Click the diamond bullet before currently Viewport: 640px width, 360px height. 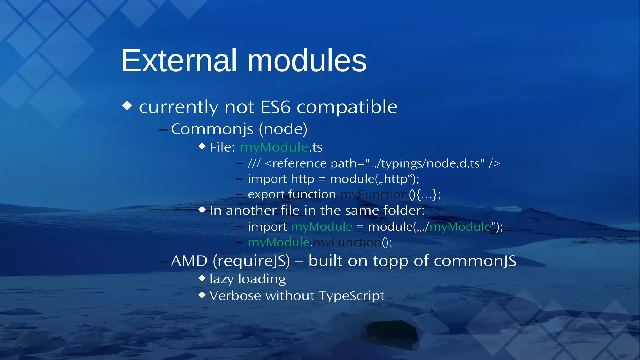pos(127,105)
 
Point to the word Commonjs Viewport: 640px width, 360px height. pos(212,129)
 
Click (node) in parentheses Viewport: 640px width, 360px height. pos(285,129)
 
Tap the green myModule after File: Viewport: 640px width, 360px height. pos(274,147)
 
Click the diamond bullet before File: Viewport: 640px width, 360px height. pos(202,146)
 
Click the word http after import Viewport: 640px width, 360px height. pos(302,179)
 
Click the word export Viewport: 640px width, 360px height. pos(266,195)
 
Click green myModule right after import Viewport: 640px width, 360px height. pos(322,227)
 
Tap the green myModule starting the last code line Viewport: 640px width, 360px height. pos(279,242)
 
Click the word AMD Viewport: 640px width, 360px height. pos(189,261)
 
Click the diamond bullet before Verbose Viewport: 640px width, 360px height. pos(202,294)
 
